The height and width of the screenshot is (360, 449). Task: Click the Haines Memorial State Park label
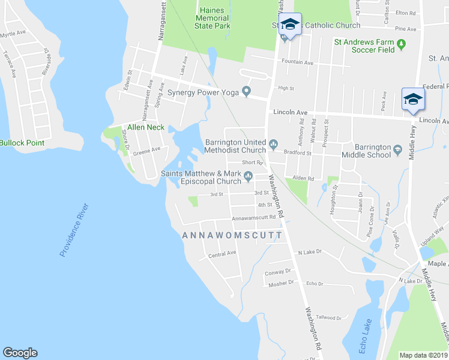pyautogui.click(x=212, y=18)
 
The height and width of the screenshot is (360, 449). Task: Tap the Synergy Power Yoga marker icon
pyautogui.click(x=246, y=92)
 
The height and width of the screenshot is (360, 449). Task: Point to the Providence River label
pyautogui.click(x=74, y=230)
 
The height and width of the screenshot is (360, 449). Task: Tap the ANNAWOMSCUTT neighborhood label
pyautogui.click(x=232, y=236)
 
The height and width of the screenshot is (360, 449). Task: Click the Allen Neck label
pyautogui.click(x=145, y=127)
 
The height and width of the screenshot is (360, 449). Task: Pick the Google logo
pyautogui.click(x=20, y=353)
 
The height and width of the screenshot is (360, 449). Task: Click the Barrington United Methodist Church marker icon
pyautogui.click(x=274, y=143)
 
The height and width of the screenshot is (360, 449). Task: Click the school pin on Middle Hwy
pyautogui.click(x=413, y=98)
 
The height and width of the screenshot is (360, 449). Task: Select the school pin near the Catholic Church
pyautogui.click(x=290, y=25)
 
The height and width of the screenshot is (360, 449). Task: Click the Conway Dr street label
pyautogui.click(x=277, y=272)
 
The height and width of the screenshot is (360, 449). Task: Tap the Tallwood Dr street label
pyautogui.click(x=328, y=317)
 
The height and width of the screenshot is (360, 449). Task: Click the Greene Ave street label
pyautogui.click(x=146, y=150)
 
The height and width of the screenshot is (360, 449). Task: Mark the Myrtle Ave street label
pyautogui.click(x=13, y=34)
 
